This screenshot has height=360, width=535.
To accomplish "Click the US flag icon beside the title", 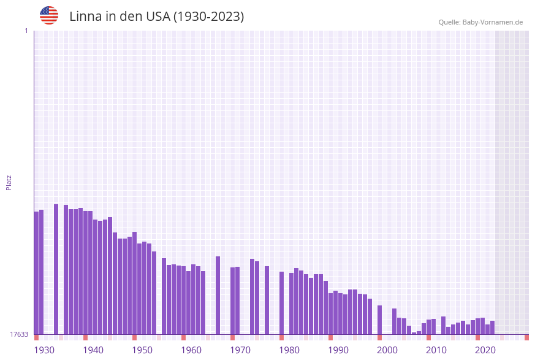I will coord(49,15).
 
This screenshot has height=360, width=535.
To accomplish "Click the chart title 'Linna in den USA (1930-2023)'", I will coord(156,17).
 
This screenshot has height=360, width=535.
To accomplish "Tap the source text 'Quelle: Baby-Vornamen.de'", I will coord(480,22).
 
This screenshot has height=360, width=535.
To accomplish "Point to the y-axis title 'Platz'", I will coord(9,182).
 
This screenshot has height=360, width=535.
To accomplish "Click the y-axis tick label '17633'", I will coord(19,334).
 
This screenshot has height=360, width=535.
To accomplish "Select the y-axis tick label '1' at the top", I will coord(26,31).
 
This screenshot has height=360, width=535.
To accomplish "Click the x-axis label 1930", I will coord(44,350).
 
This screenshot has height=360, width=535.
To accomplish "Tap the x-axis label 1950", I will coord(142,350).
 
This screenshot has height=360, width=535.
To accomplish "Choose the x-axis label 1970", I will coord(240,350).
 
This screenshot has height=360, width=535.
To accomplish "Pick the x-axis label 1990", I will coord(338,350).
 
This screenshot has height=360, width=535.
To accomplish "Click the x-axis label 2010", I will coord(436,350).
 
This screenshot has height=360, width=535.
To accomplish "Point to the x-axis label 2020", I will coord(485,350).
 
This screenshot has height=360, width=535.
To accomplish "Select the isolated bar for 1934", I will coord(56,270).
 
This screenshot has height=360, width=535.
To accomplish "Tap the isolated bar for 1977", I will coord(267,301).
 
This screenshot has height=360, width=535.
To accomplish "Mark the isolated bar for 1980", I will coord(281,303).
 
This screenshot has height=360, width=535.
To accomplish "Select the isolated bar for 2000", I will coord(379,320).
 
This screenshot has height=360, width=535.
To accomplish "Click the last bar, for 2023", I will coord(492,327).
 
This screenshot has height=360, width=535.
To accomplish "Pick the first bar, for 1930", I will coord(36,273).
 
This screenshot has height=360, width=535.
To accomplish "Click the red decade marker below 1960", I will coord(183,337).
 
